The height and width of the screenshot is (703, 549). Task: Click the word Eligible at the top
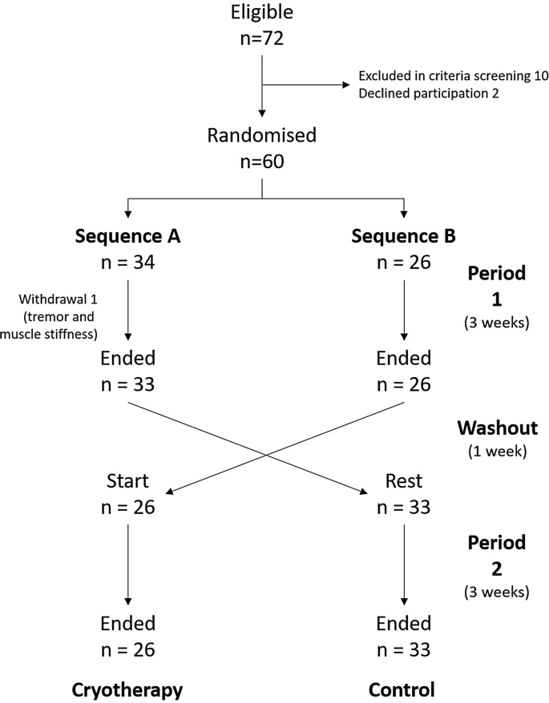pyautogui.click(x=262, y=13)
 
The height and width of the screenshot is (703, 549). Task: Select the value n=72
pyautogui.click(x=262, y=39)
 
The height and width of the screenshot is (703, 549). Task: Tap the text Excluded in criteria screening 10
pyautogui.click(x=443, y=76)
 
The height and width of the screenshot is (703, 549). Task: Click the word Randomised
pyautogui.click(x=262, y=135)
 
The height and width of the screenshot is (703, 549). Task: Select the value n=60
pyautogui.click(x=262, y=162)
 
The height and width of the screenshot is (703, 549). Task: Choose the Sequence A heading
pyautogui.click(x=127, y=236)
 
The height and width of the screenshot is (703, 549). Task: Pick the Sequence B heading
pyautogui.click(x=404, y=236)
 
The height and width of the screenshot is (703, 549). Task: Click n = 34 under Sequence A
pyautogui.click(x=127, y=263)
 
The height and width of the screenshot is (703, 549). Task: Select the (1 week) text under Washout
pyautogui.click(x=496, y=450)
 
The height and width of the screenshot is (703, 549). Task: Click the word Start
pyautogui.click(x=127, y=481)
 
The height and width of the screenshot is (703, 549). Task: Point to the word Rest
pyautogui.click(x=404, y=481)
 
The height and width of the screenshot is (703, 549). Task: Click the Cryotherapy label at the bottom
pyautogui.click(x=127, y=689)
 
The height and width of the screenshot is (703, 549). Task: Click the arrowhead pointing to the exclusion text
pyautogui.click(x=345, y=84)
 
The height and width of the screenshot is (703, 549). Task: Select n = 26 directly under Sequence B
pyautogui.click(x=404, y=263)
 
